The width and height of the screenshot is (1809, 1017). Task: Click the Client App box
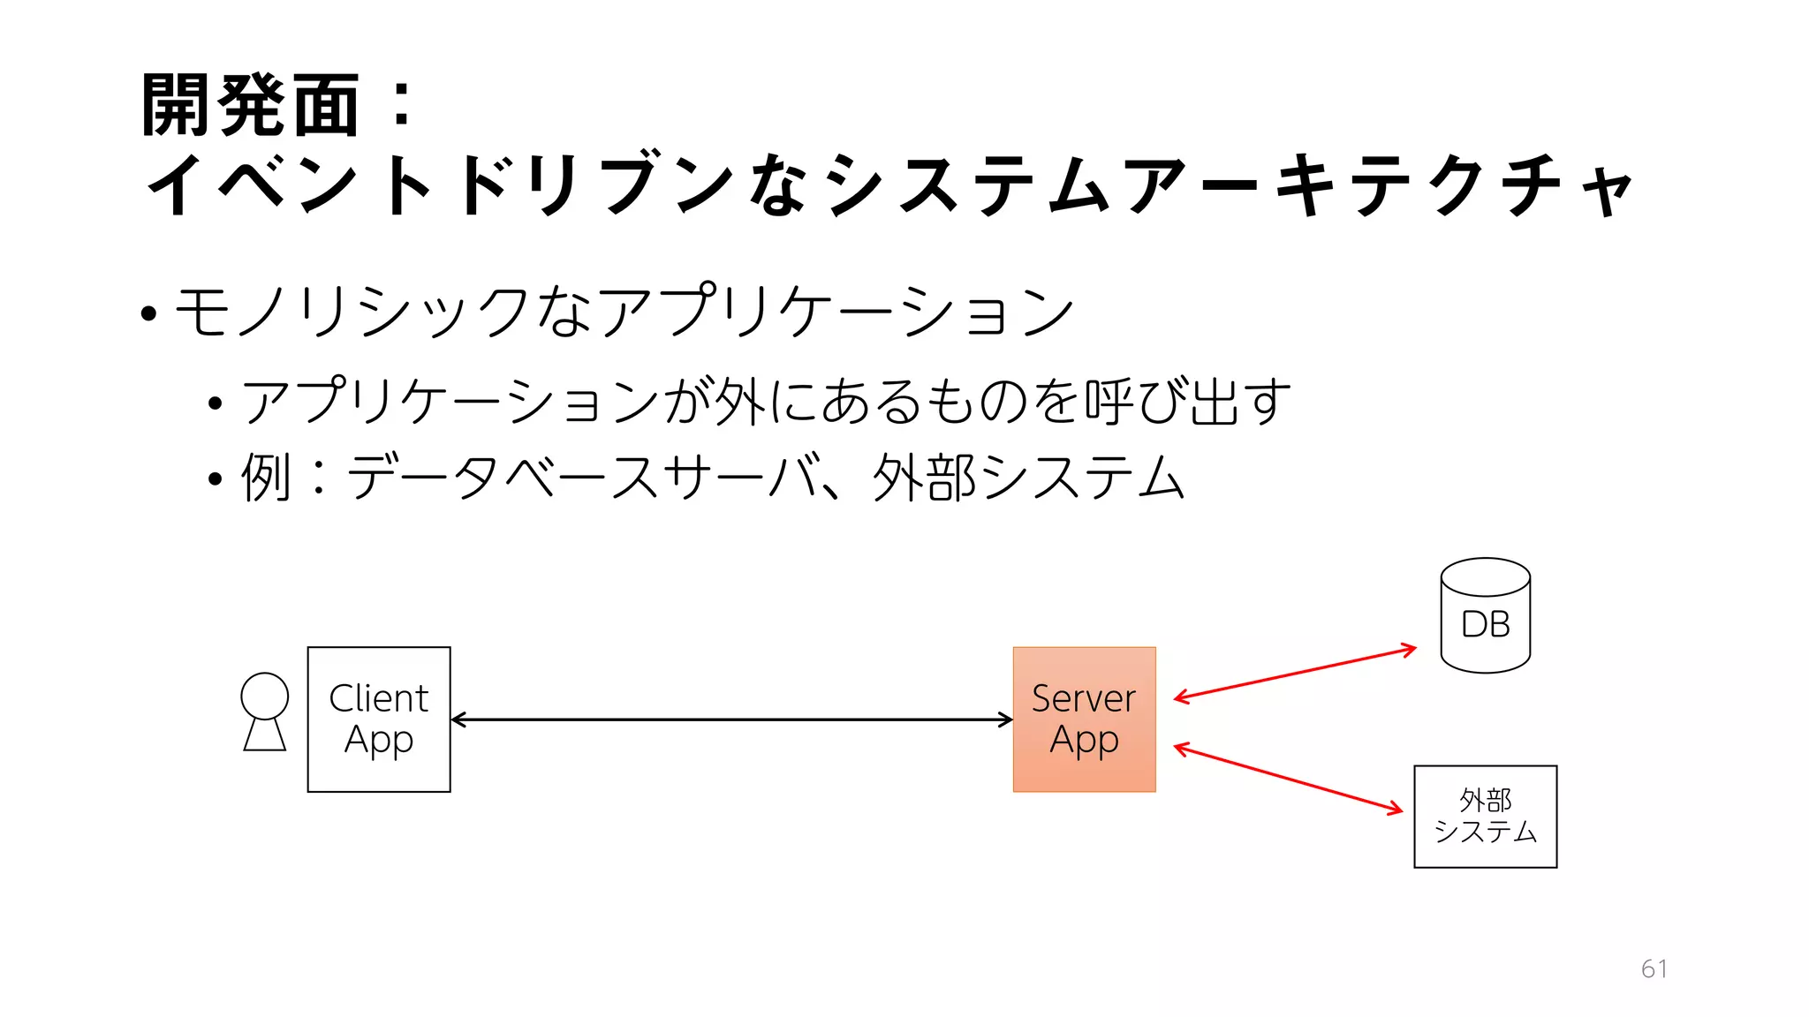pyautogui.click(x=379, y=719)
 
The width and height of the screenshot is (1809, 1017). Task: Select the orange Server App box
pyautogui.click(x=1084, y=719)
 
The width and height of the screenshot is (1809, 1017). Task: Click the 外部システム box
pyautogui.click(x=1485, y=817)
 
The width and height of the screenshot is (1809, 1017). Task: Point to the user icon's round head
pyautogui.click(x=264, y=696)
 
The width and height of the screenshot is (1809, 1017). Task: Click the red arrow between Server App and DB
pyautogui.click(x=1295, y=674)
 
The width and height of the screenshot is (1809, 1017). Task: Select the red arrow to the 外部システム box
pyautogui.click(x=1288, y=779)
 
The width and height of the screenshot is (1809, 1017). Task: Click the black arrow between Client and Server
pyautogui.click(x=731, y=719)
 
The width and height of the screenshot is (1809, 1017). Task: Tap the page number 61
pyautogui.click(x=1654, y=968)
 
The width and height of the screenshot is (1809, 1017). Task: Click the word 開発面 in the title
pyautogui.click(x=250, y=106)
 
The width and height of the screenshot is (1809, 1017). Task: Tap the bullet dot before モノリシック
pyautogui.click(x=148, y=313)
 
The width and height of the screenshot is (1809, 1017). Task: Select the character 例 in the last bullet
pyautogui.click(x=265, y=478)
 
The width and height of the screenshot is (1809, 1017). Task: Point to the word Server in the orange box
pyautogui.click(x=1083, y=698)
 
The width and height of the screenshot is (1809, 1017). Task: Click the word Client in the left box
pyautogui.click(x=378, y=698)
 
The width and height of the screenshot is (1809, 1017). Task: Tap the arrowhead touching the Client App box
pyautogui.click(x=457, y=719)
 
